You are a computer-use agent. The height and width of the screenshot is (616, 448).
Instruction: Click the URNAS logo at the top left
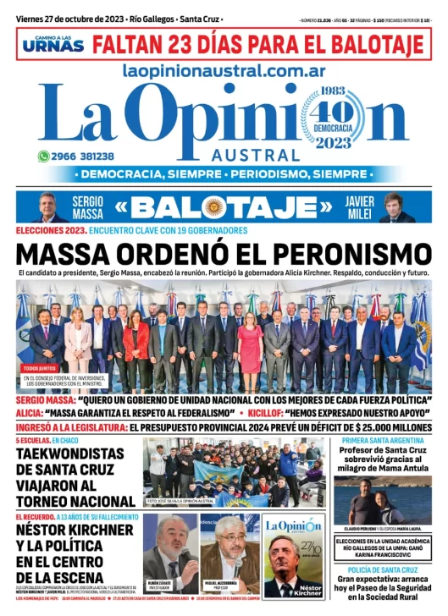pyautogui.click(x=53, y=43)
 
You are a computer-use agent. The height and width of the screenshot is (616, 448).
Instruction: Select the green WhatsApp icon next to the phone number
pyautogui.click(x=43, y=157)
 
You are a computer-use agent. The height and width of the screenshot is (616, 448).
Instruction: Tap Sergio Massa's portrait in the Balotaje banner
pyautogui.click(x=53, y=207)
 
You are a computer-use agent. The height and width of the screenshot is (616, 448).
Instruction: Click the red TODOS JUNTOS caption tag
pyautogui.click(x=39, y=368)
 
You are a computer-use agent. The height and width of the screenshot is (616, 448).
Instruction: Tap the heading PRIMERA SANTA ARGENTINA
pyautogui.click(x=383, y=442)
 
